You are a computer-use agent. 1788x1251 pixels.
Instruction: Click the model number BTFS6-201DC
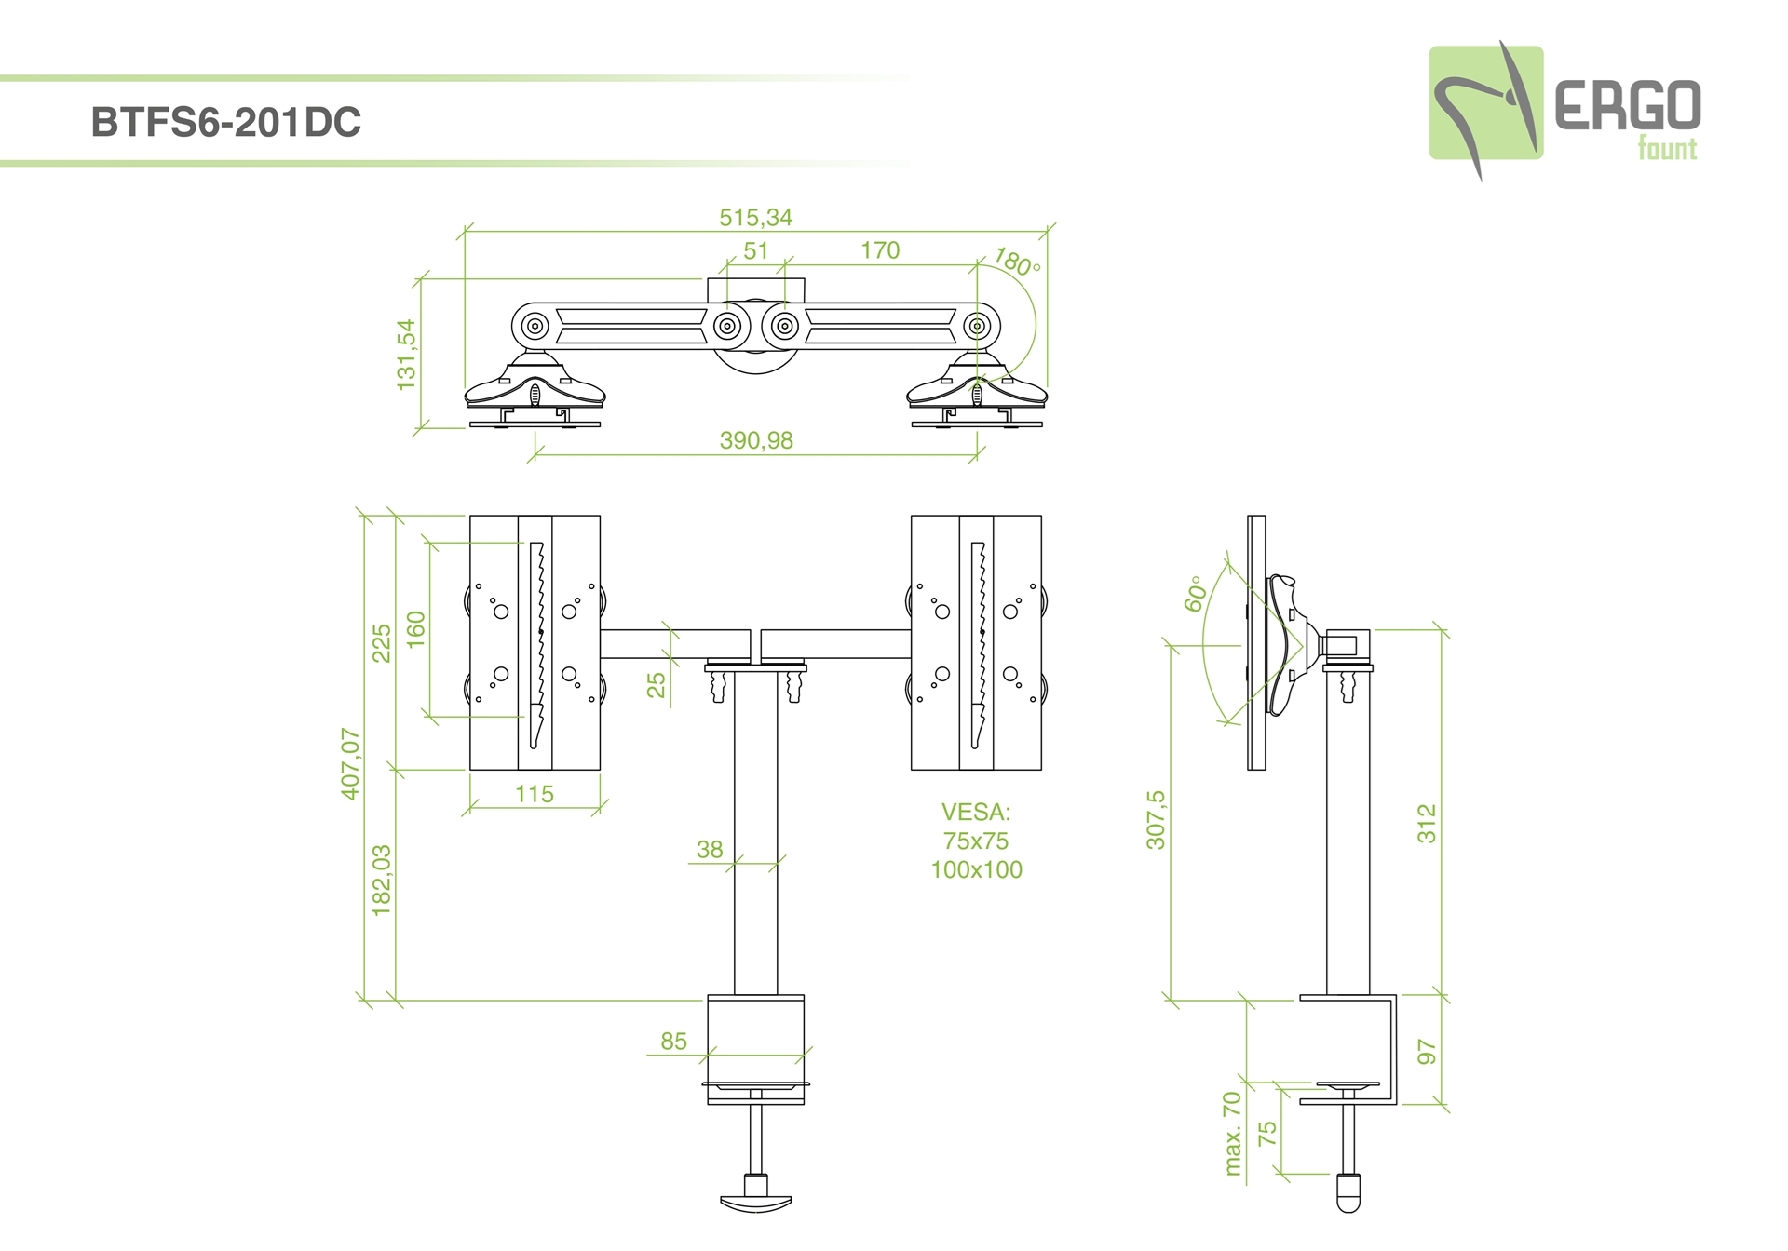coord(226,122)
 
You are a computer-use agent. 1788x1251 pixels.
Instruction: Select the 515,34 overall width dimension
coord(756,218)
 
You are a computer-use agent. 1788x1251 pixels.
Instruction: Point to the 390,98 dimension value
coord(756,440)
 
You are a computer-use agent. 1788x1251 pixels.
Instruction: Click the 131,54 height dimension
coord(407,355)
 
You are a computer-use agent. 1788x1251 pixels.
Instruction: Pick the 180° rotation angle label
coord(1017,262)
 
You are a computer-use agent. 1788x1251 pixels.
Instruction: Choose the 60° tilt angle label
coord(1196,594)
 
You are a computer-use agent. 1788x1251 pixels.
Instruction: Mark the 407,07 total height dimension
coord(350,764)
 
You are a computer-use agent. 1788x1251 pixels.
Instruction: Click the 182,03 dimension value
coord(382,881)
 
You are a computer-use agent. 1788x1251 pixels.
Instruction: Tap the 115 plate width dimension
coord(535,794)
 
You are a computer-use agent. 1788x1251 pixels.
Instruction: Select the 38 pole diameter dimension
coord(710,849)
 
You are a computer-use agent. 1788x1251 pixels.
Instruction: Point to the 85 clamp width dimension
coord(673,1041)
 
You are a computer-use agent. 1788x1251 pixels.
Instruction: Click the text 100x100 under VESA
coord(977,869)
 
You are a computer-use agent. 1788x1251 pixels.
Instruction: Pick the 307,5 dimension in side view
coord(1156,820)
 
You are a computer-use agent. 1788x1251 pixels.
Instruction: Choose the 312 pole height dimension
coord(1427,824)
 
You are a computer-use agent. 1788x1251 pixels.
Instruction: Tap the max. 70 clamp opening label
coord(1233,1134)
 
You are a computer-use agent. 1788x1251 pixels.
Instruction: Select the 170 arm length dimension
coord(880,250)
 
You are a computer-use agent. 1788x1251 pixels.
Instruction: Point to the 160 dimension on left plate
coord(415,629)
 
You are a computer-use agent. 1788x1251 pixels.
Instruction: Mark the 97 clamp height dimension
coord(1427,1052)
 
